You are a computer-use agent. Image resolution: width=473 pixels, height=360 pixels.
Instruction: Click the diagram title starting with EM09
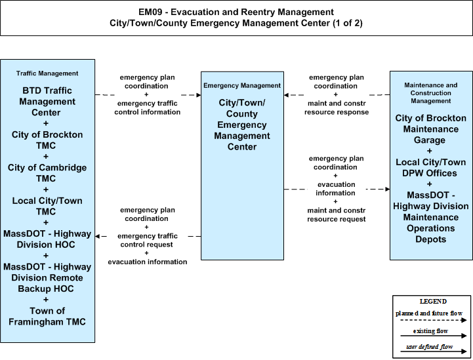pos(236,18)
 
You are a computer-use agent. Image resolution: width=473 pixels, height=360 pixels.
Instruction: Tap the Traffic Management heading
pos(47,73)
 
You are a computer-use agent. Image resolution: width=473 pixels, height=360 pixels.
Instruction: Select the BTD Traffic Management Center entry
pos(47,101)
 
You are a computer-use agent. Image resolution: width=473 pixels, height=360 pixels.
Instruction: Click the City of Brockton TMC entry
pos(47,140)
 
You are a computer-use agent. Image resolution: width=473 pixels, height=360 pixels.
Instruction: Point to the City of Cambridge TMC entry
pos(47,172)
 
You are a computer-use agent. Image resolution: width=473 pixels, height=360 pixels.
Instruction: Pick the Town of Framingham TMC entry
pos(47,316)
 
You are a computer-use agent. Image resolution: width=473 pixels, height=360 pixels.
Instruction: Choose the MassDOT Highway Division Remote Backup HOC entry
pos(47,277)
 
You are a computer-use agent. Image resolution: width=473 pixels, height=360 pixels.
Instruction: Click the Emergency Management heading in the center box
pos(242,86)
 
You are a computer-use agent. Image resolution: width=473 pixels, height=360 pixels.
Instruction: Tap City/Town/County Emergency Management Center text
pos(242,125)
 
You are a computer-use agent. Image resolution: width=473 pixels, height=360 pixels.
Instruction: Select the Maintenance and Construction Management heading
pos(431,93)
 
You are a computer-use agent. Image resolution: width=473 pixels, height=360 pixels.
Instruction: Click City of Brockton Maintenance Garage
pos(431,129)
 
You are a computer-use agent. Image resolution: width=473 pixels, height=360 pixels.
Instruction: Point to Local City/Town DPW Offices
pos(431,168)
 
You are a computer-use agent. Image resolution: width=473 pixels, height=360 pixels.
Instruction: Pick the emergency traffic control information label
pos(147,108)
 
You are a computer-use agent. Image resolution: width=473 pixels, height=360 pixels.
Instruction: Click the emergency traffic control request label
pos(147,240)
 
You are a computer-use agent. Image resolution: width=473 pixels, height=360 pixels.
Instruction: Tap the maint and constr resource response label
pos(337,108)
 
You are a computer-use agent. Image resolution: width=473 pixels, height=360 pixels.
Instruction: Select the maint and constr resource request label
pos(337,214)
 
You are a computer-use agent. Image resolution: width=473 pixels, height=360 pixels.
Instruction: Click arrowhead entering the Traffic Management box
pos(97,236)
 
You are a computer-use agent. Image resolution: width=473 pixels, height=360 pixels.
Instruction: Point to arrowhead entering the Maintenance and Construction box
pos(388,190)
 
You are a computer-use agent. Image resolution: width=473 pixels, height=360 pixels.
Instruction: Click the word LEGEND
pos(433,302)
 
